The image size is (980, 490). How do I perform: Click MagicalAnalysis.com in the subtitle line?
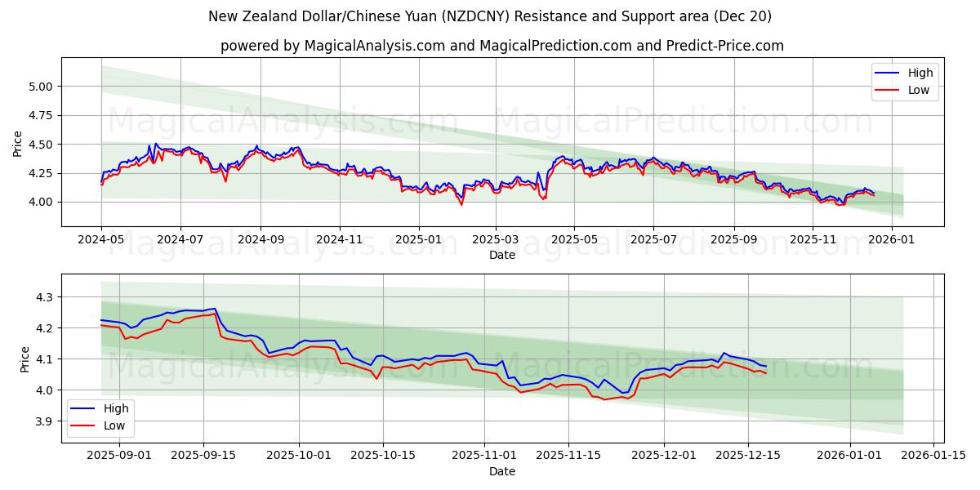click(x=372, y=46)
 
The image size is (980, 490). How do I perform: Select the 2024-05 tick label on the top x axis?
click(x=101, y=240)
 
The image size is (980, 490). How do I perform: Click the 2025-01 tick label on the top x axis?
click(x=418, y=240)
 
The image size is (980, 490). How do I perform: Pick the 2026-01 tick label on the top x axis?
click(x=891, y=240)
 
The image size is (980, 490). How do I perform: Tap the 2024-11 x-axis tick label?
click(x=339, y=240)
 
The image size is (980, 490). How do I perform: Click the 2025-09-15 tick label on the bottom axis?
click(x=203, y=456)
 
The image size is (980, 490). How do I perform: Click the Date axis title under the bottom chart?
click(x=502, y=471)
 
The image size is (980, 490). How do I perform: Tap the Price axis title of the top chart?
click(x=18, y=143)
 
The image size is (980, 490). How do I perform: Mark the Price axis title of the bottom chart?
click(x=24, y=359)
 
